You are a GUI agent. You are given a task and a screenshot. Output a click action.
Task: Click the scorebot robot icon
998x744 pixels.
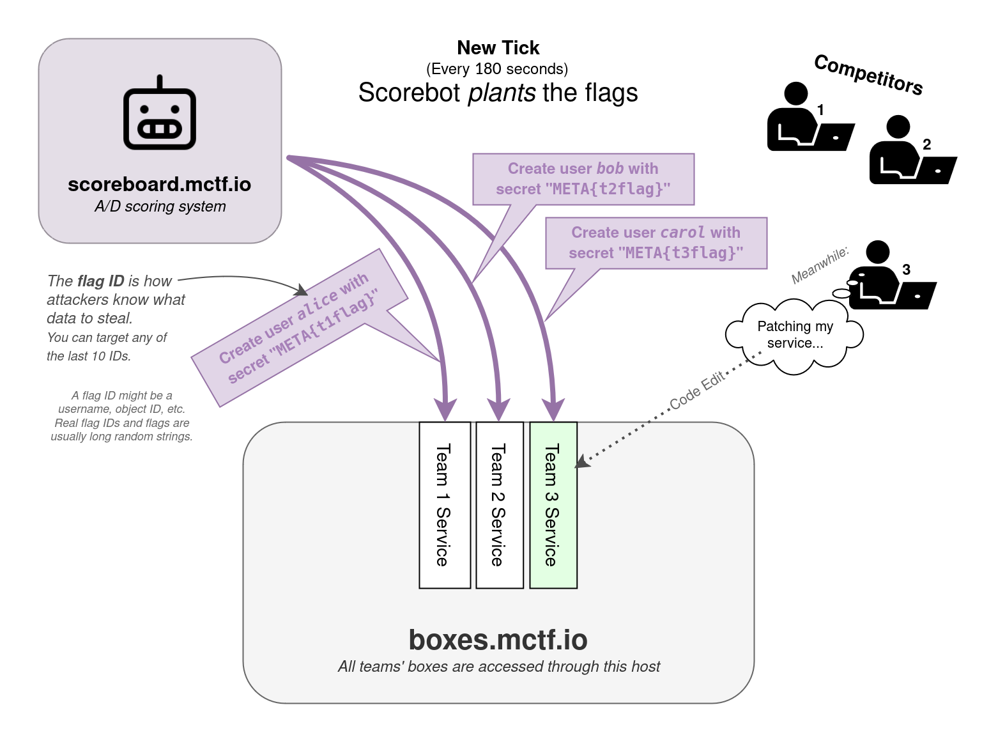160,115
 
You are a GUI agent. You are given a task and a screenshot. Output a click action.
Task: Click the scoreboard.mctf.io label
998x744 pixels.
160,185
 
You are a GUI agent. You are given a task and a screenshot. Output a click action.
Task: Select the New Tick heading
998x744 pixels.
498,48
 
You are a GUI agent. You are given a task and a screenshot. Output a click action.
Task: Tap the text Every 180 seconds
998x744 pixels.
497,69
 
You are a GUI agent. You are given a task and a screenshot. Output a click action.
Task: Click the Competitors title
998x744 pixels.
868,75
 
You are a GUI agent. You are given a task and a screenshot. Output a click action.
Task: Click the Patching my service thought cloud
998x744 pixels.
795,335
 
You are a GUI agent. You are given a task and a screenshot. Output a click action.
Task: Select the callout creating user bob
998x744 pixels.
583,179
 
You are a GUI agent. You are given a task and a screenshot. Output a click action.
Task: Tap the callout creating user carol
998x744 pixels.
656,243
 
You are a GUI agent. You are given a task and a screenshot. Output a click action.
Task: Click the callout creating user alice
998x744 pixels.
299,327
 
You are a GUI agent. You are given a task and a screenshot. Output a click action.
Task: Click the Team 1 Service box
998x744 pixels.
445,505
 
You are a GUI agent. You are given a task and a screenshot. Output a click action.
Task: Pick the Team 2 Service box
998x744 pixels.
499,505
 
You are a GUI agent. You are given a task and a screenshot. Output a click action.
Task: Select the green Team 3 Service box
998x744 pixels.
553,505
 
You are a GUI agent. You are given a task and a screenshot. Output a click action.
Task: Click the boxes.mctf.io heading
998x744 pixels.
498,640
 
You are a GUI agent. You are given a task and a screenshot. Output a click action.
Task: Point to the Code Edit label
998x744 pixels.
697,390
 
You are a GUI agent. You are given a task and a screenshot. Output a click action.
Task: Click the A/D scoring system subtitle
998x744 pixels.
160,206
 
